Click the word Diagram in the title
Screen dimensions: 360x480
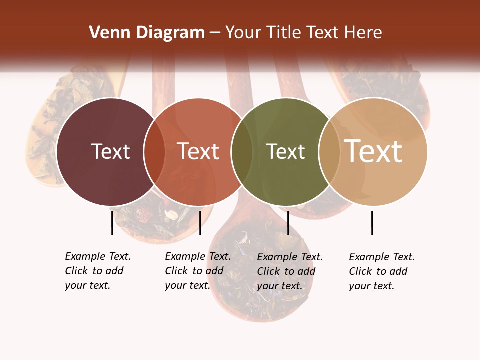pyautogui.click(x=170, y=33)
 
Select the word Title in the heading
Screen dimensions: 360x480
pyautogui.click(x=284, y=33)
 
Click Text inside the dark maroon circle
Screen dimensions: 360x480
pyautogui.click(x=110, y=152)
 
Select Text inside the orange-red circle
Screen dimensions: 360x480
pyautogui.click(x=198, y=152)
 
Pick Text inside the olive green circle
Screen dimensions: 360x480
pyautogui.click(x=285, y=152)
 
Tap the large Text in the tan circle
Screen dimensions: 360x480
pyautogui.click(x=373, y=152)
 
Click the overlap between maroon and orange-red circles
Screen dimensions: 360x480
pyautogui.click(x=154, y=152)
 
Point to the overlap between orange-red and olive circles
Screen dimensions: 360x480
pyautogui.click(x=242, y=152)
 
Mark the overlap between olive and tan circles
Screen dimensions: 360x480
pyautogui.click(x=329, y=152)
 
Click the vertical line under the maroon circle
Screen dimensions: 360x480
pyautogui.click(x=112, y=223)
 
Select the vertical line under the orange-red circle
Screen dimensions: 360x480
pyautogui.click(x=200, y=223)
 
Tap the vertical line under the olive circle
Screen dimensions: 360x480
pyautogui.click(x=288, y=223)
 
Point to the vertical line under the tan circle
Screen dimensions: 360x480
pyautogui.click(x=372, y=223)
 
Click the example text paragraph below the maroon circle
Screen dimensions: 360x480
pyautogui.click(x=98, y=271)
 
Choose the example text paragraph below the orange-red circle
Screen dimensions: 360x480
pyautogui.click(x=198, y=271)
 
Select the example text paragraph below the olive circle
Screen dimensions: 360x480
pyautogui.click(x=290, y=271)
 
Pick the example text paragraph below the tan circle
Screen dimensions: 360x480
pyautogui.click(x=382, y=271)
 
